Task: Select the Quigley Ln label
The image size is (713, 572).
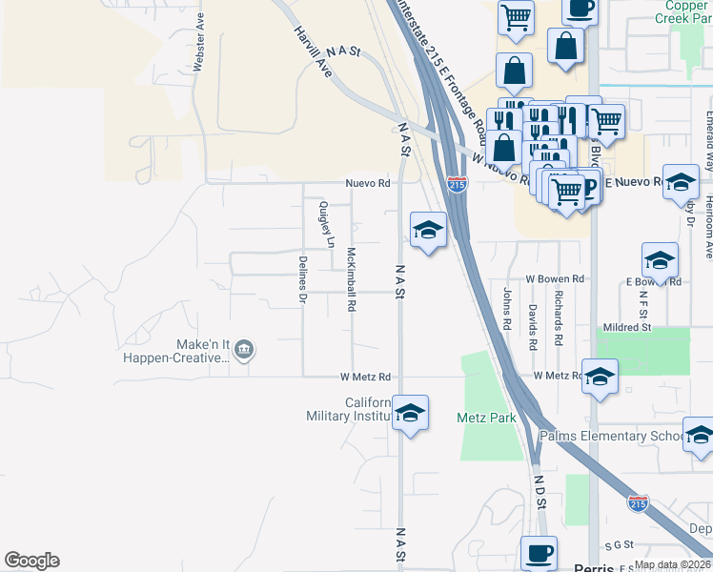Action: tap(326, 223)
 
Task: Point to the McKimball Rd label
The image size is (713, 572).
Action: tap(351, 280)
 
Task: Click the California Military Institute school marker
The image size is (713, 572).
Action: tap(411, 413)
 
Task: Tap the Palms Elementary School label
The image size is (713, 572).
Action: tap(610, 436)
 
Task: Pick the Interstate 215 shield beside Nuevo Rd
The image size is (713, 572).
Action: tap(458, 184)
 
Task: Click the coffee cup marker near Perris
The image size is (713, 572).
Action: tap(539, 553)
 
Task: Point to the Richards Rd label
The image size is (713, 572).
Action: tap(559, 318)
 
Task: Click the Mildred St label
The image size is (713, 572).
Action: tap(626, 327)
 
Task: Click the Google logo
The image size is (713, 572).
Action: tap(31, 561)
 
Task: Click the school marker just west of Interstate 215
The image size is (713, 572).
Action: tap(428, 229)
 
